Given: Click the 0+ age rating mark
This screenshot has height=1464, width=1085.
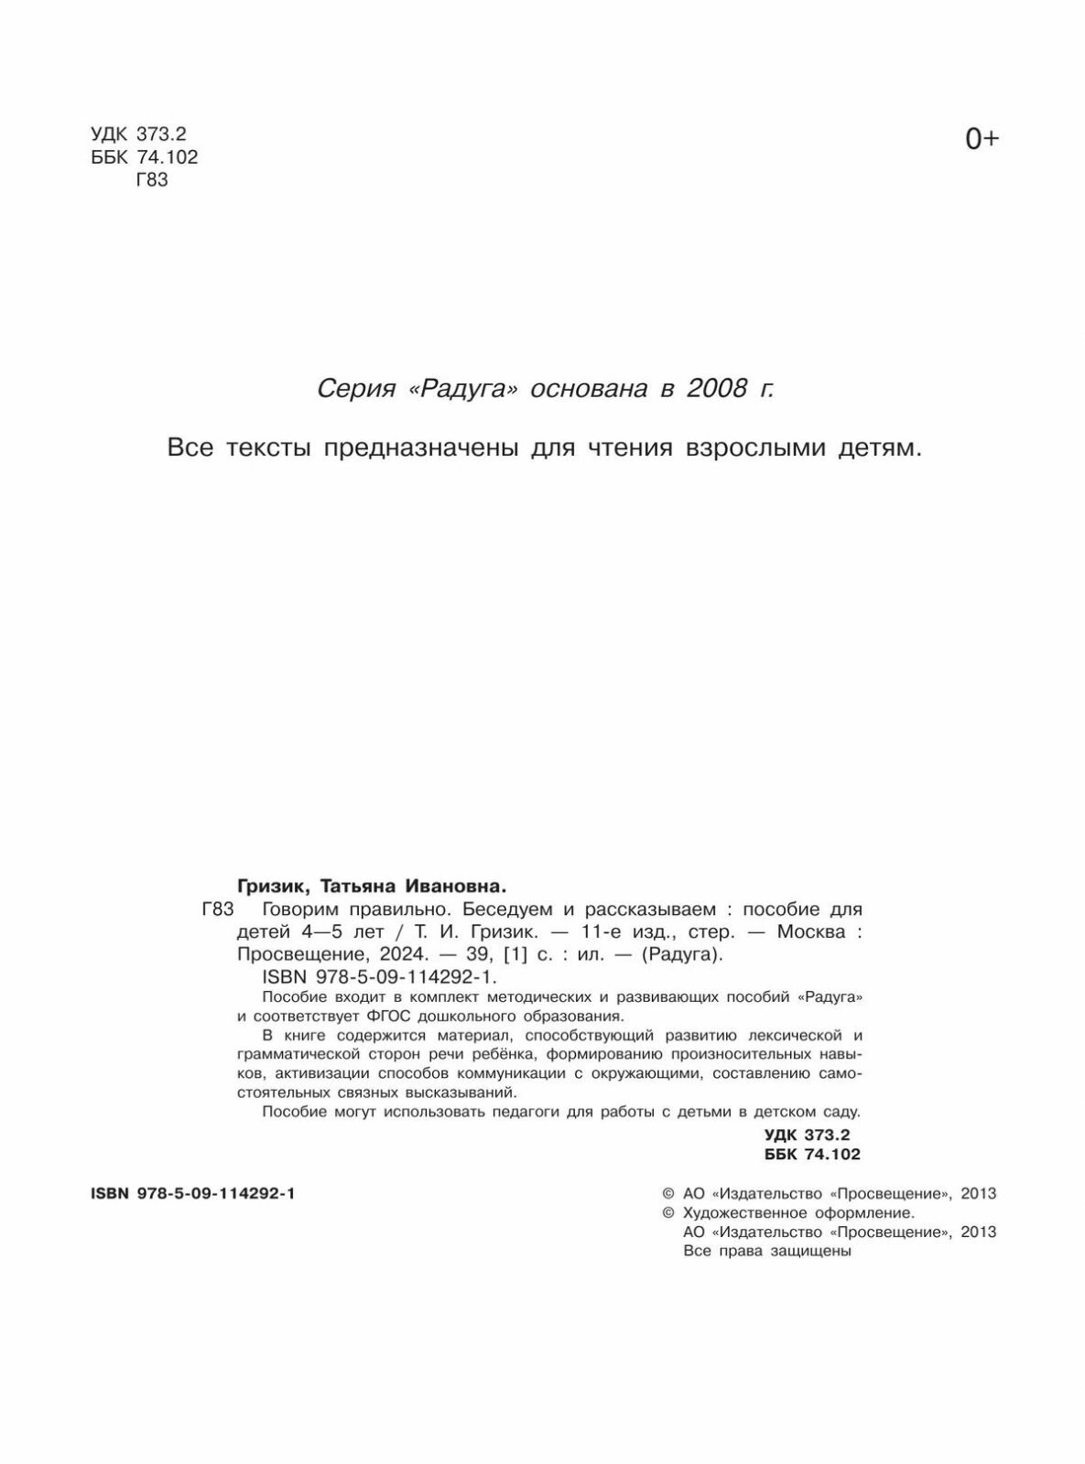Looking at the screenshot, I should click(x=982, y=139).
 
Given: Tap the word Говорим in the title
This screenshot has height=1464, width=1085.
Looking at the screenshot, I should click(x=300, y=910).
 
